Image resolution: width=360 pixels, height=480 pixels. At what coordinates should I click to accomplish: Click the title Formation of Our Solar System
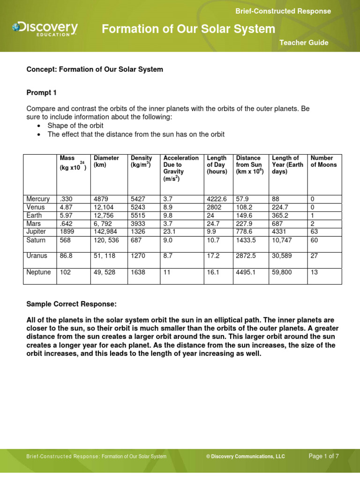pyautogui.click(x=188, y=29)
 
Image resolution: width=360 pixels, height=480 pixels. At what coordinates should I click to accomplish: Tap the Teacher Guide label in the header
pyautogui.click(x=304, y=43)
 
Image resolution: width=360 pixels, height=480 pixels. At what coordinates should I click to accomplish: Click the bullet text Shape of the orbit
pyautogui.click(x=75, y=126)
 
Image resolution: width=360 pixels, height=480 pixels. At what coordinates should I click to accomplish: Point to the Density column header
pyautogui.click(x=141, y=161)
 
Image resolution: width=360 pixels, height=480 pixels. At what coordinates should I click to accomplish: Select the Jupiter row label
pyautogui.click(x=37, y=232)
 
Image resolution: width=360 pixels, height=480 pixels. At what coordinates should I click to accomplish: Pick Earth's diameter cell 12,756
pyautogui.click(x=104, y=216)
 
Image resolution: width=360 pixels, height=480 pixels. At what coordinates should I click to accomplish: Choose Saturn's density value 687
pyautogui.click(x=136, y=240)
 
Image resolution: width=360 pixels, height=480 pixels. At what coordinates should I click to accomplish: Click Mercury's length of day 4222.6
pyautogui.click(x=217, y=199)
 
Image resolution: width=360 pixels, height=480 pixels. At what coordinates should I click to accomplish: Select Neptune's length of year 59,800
pyautogui.click(x=283, y=272)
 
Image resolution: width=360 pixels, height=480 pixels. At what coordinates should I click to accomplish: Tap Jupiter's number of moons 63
pyautogui.click(x=315, y=232)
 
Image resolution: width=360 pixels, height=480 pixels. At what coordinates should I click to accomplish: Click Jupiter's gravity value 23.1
pyautogui.click(x=169, y=232)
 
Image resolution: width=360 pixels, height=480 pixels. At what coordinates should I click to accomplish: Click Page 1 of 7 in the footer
pyautogui.click(x=323, y=456)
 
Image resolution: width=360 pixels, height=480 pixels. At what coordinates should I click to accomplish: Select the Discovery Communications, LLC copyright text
pyautogui.click(x=245, y=457)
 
